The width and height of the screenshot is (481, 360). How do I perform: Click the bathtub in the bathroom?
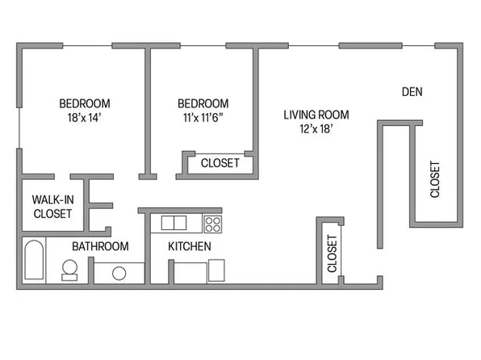[33, 260]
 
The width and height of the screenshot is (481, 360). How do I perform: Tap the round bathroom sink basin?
[119, 273]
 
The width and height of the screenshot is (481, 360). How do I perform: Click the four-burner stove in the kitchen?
[213, 224]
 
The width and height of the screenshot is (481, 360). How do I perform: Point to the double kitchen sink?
[174, 223]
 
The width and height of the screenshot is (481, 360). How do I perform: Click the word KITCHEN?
[190, 246]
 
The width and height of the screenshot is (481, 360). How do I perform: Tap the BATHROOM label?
[100, 246]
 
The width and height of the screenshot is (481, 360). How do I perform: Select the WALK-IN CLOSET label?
[52, 207]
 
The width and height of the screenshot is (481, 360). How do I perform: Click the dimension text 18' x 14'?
[84, 118]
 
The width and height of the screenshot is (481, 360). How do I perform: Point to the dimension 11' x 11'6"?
[203, 118]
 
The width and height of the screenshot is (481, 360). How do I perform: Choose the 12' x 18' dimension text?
[308, 128]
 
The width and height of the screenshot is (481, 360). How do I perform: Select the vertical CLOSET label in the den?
[435, 179]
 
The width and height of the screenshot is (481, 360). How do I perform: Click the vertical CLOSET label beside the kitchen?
[332, 253]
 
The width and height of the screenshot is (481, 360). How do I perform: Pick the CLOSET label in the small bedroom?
[220, 163]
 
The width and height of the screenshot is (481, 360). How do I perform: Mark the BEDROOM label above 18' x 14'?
[84, 103]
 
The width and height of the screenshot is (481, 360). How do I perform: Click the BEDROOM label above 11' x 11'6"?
[203, 103]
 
